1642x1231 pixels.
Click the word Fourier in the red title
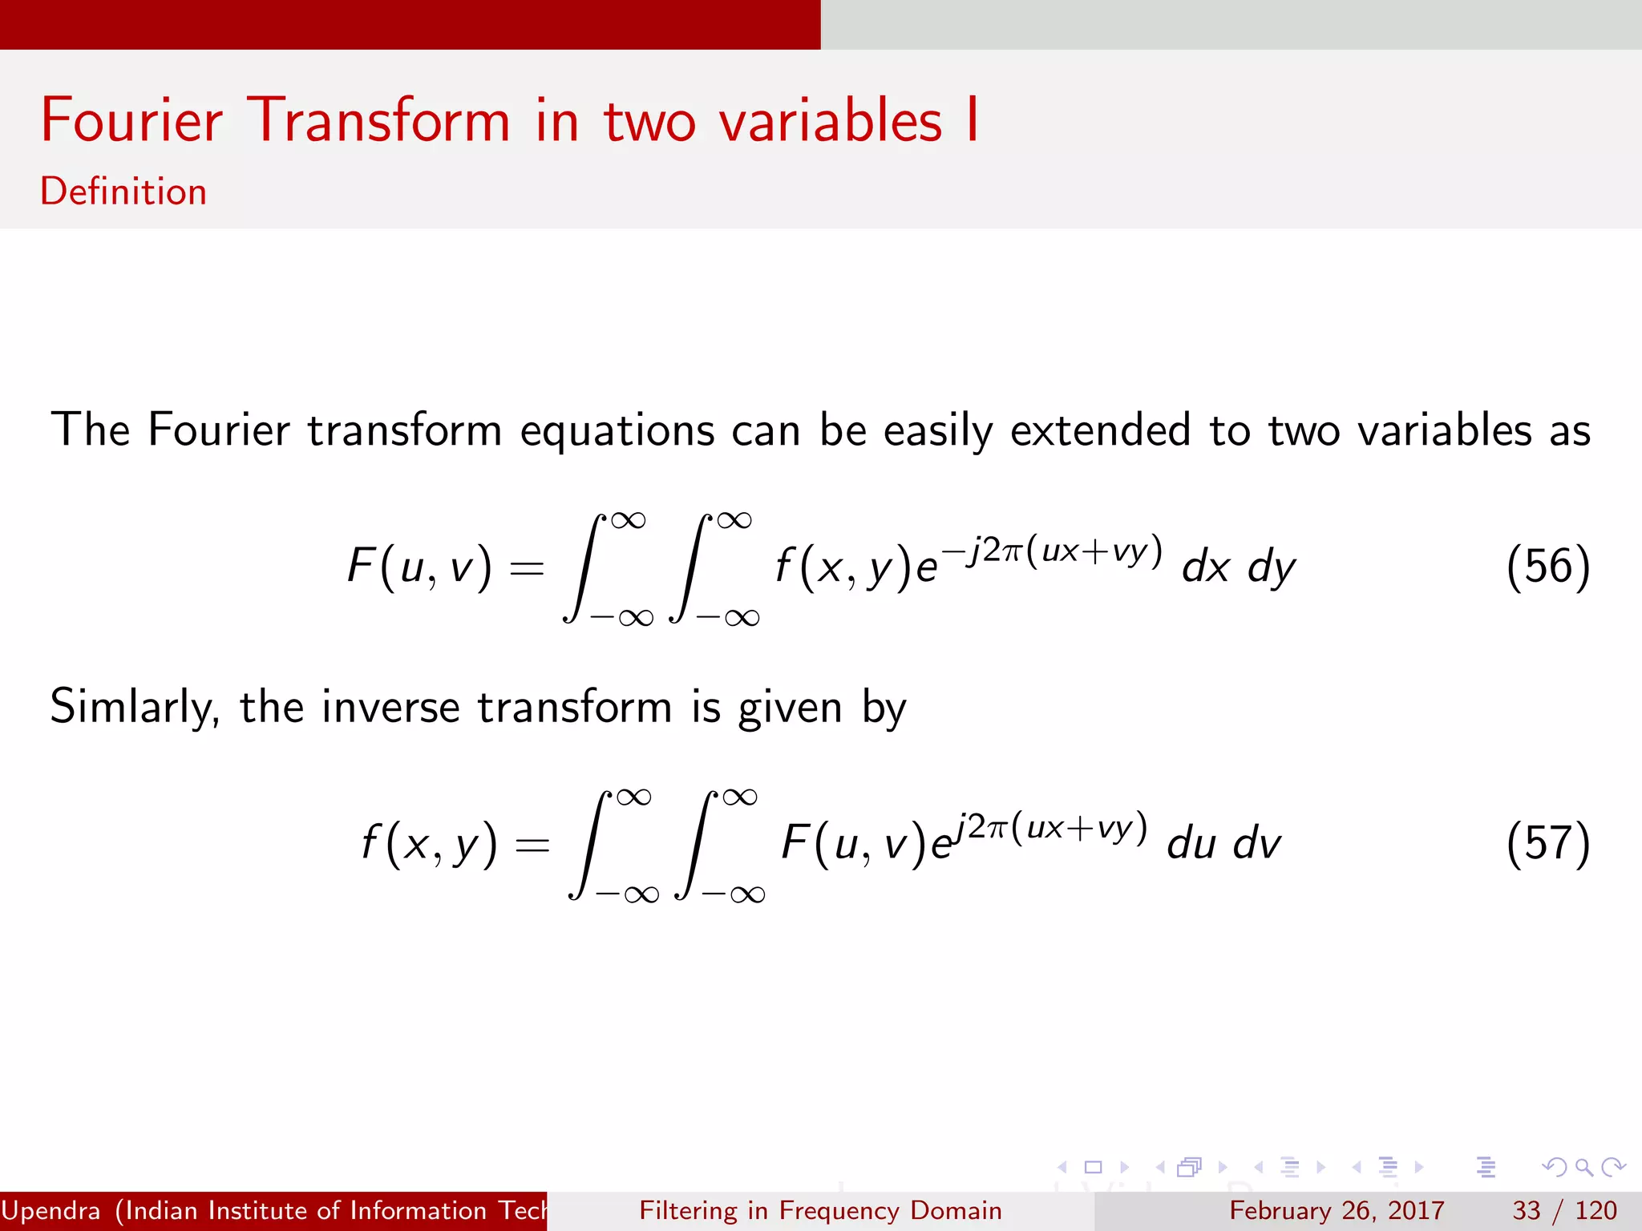[x=131, y=120]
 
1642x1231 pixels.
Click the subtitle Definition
[x=123, y=192]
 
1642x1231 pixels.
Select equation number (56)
[x=1547, y=567]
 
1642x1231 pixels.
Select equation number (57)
[x=1547, y=843]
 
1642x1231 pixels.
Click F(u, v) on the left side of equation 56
[x=419, y=567]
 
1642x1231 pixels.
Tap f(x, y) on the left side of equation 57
[x=429, y=843]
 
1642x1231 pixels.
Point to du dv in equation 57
[x=1223, y=845]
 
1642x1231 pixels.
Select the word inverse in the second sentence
[x=391, y=708]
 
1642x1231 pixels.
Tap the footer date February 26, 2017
[x=1337, y=1210]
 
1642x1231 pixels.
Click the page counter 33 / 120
[x=1564, y=1210]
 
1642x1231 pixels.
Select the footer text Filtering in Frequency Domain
[x=820, y=1210]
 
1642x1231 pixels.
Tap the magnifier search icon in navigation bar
[x=1583, y=1168]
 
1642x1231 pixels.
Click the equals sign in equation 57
[x=532, y=845]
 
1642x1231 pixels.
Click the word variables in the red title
[x=830, y=120]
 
